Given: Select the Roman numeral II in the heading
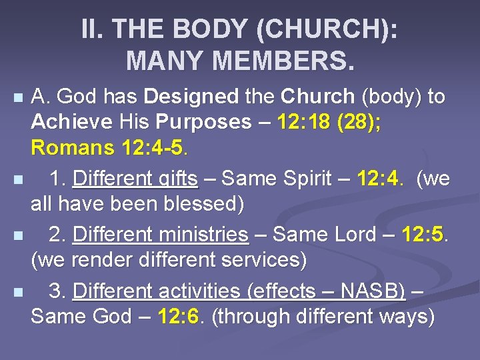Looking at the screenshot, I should point(93,29).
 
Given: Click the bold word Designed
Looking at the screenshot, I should point(190,97).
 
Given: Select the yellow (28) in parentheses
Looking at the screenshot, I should point(356,122).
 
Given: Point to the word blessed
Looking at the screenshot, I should point(207,203).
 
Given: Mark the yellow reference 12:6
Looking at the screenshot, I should point(179,317).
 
